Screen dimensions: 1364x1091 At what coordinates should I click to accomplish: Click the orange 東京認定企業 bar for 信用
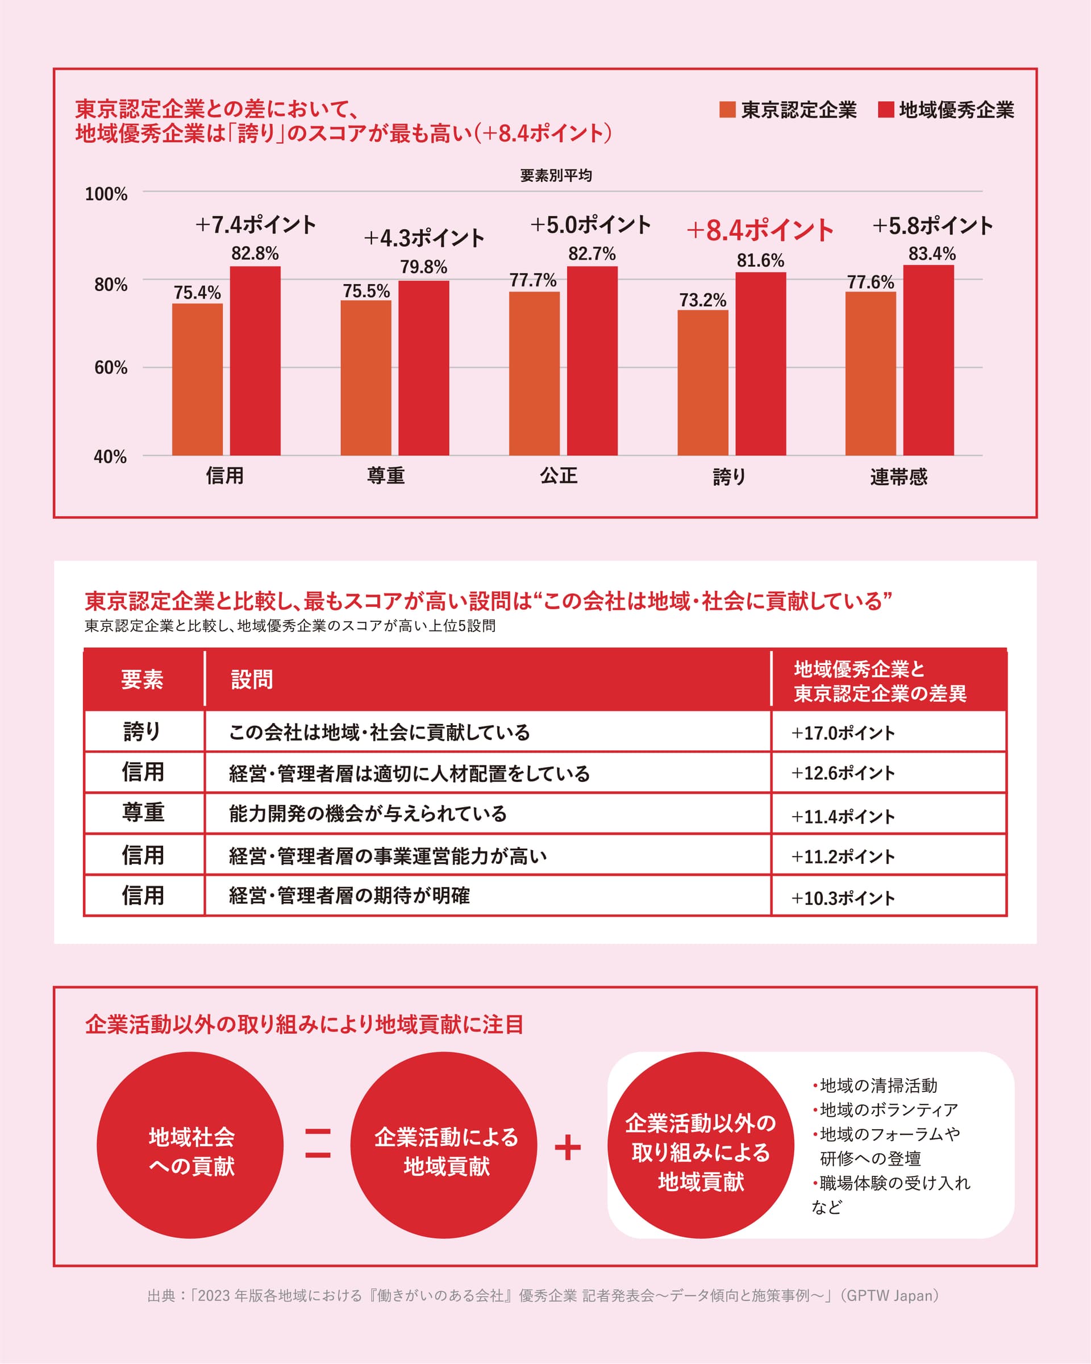click(197, 379)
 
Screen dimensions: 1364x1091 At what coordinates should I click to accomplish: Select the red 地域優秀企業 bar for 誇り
click(760, 364)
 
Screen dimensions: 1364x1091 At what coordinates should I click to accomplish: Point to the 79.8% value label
click(423, 267)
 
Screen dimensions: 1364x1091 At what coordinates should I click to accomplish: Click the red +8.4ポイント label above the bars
click(760, 230)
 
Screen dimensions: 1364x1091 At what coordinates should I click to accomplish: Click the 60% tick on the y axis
click(111, 368)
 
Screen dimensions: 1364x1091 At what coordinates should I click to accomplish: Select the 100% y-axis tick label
click(106, 194)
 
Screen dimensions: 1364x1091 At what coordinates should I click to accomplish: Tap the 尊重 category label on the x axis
click(386, 476)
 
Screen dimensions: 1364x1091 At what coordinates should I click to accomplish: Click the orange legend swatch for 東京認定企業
click(727, 110)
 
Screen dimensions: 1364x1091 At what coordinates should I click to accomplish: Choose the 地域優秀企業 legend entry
click(946, 110)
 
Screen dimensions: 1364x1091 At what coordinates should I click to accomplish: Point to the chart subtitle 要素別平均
click(555, 175)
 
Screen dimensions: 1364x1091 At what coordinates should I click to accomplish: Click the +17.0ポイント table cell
click(843, 733)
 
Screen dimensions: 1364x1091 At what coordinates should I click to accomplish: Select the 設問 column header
click(252, 680)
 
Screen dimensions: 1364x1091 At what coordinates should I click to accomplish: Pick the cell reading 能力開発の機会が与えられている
click(368, 814)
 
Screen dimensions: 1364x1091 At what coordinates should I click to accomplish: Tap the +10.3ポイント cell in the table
click(843, 898)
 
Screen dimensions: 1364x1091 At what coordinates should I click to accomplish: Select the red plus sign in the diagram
click(567, 1147)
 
